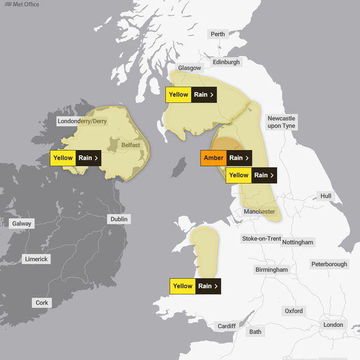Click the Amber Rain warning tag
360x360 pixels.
point(226,158)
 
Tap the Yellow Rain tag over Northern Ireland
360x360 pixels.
point(75,158)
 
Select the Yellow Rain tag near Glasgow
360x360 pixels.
point(190,95)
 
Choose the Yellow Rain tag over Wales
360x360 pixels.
point(195,286)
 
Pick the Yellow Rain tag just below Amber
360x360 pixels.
point(251,175)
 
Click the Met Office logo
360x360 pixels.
point(22,5)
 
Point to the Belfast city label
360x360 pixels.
point(130,145)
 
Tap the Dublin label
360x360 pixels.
point(119,219)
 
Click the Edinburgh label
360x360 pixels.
point(226,62)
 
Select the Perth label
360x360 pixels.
point(218,34)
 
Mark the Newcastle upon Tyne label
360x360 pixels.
point(281,122)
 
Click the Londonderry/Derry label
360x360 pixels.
point(82,121)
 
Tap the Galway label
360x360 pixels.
point(22,224)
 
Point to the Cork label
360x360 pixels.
point(41,303)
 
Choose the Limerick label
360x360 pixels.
point(36,259)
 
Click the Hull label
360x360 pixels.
point(326,196)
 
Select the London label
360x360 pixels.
point(333,325)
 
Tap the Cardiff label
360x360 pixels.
point(227,326)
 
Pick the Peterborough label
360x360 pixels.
point(329,264)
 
